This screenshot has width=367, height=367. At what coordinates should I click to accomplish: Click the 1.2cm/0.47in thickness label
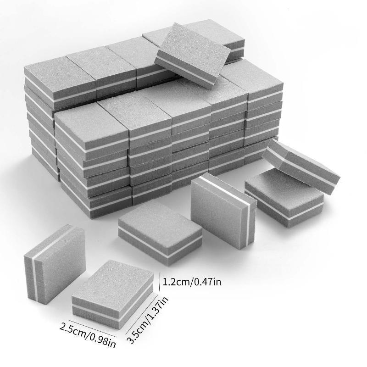(x=191, y=282)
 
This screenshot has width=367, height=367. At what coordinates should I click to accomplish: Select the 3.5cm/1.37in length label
(x=147, y=320)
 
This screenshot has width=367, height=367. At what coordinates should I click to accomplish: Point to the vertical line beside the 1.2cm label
(x=160, y=281)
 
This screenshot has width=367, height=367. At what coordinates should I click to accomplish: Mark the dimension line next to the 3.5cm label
(x=142, y=314)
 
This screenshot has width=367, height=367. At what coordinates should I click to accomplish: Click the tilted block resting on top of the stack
(x=192, y=55)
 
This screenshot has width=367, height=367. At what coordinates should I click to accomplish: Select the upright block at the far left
(x=55, y=265)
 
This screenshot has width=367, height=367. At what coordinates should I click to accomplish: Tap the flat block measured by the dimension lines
(x=113, y=294)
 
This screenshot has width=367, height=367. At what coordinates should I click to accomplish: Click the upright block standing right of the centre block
(x=223, y=211)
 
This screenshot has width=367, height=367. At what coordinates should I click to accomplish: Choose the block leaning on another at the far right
(x=301, y=166)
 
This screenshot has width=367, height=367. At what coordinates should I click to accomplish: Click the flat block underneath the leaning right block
(x=284, y=199)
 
